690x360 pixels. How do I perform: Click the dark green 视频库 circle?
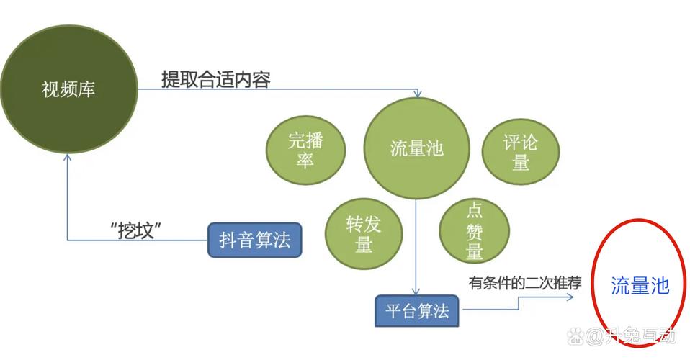point(69,89)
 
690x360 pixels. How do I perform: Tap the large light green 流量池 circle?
point(416,148)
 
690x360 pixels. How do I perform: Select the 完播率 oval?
point(305,150)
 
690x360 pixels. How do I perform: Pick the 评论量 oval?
point(521,152)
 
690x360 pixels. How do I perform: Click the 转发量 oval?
point(364,234)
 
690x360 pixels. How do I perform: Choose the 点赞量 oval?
point(475,230)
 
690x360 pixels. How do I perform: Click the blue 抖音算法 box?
point(255,240)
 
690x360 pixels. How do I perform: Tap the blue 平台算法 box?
point(417,311)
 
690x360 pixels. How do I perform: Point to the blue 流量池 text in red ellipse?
point(640,286)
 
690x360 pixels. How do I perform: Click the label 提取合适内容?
point(216,80)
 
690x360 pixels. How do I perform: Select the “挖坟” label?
point(135,230)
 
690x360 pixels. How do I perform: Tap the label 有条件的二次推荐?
point(525,283)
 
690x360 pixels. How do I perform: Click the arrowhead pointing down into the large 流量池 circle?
point(417,94)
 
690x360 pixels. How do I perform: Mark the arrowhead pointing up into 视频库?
point(67,157)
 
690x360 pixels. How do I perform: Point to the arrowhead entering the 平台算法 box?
point(416,292)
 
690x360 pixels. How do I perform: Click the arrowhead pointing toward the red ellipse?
point(570,297)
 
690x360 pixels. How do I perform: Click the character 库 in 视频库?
point(86,89)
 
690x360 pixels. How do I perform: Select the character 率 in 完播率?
point(305,160)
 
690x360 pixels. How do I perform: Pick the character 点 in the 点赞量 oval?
point(475,210)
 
